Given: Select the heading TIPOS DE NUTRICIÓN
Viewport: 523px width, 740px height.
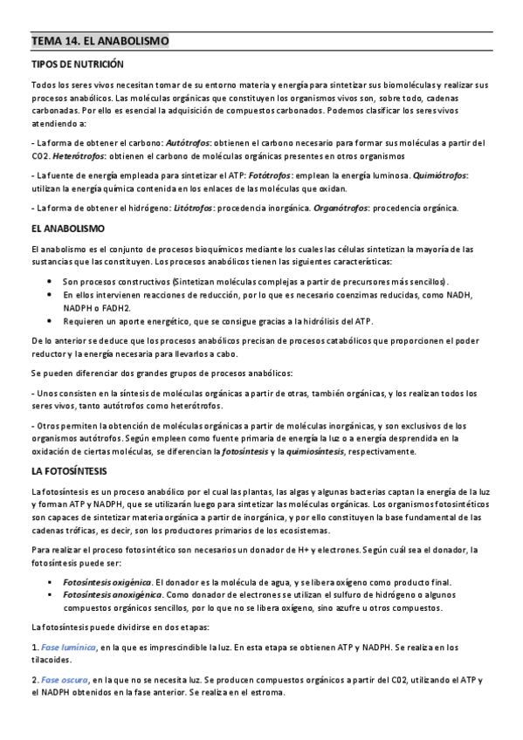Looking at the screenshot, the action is pos(78,65).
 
